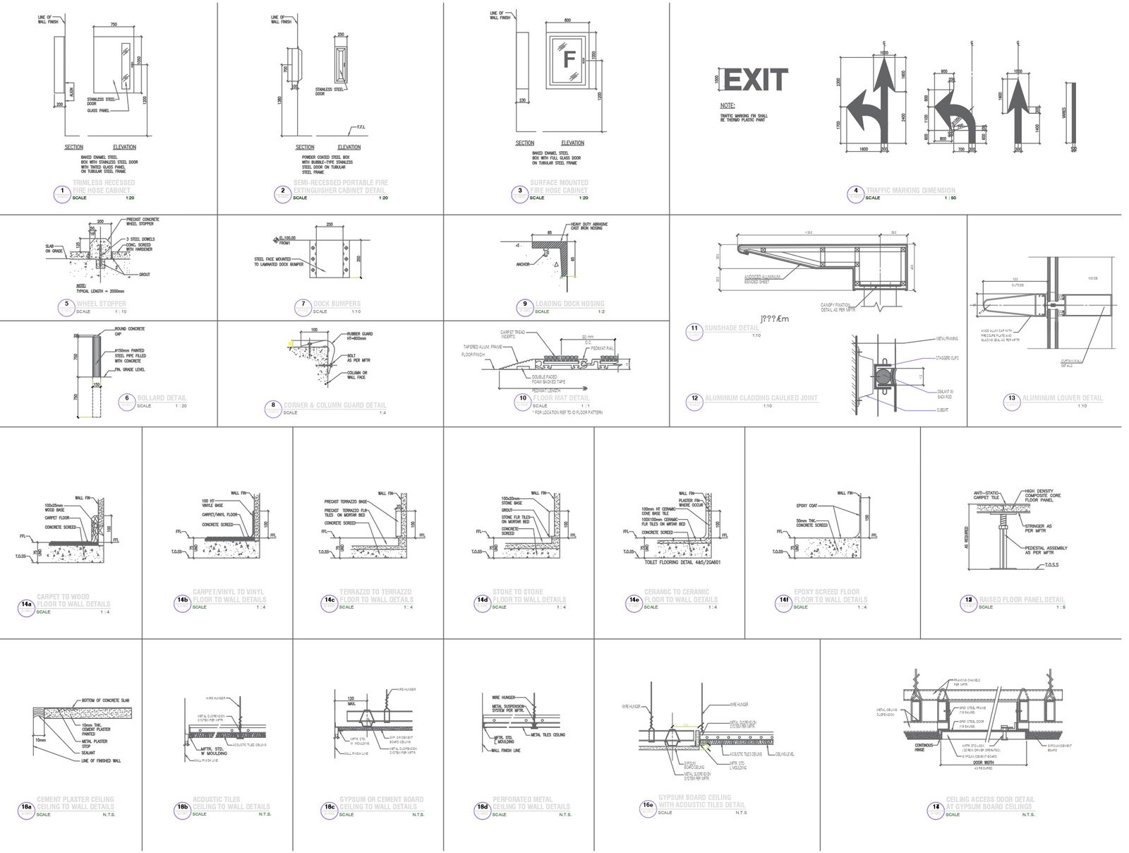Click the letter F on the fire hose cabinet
pos(569,59)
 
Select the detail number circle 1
pos(64,192)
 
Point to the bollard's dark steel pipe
pos(96,357)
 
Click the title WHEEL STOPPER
pos(101,304)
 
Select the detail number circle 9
pos(524,305)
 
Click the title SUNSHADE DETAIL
pos(731,328)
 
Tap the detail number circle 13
pos(1011,400)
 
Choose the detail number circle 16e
pos(648,807)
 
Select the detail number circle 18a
pos(26,809)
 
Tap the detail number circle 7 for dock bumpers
pos(303,305)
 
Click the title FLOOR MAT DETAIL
pos(561,398)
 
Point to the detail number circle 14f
pos(783,602)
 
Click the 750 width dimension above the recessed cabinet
pos(113,25)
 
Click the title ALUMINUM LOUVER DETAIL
pos(1062,398)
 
